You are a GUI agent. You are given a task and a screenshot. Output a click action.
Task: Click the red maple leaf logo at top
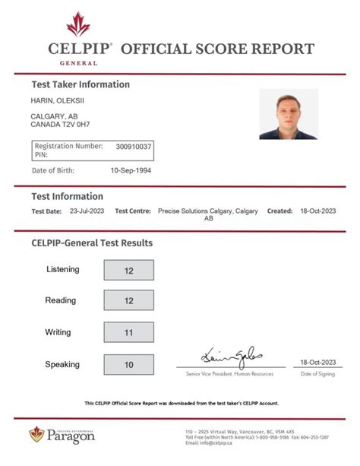78,24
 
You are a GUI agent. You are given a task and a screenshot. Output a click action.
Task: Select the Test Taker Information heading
81,84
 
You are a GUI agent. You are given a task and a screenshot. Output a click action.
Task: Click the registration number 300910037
134,146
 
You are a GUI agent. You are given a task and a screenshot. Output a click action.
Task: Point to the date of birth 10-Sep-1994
131,170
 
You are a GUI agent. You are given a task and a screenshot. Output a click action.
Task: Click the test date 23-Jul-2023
86,211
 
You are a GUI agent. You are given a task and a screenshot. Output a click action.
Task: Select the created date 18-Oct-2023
317,211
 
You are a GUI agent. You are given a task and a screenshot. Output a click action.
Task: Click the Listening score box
128,270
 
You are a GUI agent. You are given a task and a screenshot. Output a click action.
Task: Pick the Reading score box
128,300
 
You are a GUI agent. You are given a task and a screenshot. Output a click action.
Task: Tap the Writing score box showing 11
128,332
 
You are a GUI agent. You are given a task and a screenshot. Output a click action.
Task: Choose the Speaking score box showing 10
128,364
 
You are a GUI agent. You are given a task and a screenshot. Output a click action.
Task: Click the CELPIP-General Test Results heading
92,243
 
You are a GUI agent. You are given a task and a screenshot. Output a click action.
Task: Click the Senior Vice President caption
230,375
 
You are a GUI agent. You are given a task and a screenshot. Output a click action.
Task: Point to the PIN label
41,154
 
